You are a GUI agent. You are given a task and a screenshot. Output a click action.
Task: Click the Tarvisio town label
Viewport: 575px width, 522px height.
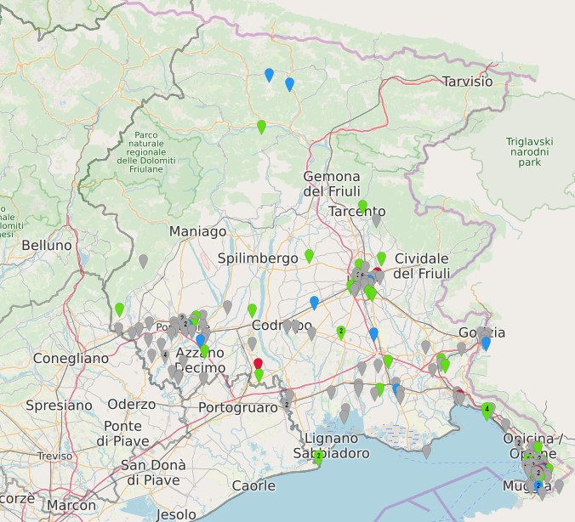pos(467,82)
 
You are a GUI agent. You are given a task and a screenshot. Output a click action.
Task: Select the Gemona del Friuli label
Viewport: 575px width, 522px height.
pos(332,184)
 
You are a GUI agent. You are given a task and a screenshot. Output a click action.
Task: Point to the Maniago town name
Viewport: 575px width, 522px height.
pos(197,231)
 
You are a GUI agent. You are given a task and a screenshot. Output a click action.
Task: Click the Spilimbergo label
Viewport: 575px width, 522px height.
pos(257,258)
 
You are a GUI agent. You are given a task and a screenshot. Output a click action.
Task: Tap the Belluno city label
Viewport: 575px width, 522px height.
pos(47,245)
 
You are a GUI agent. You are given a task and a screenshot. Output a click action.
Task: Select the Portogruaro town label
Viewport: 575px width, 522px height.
pos(237,408)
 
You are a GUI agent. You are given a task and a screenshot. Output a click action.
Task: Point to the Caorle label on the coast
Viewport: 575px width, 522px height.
pos(253,485)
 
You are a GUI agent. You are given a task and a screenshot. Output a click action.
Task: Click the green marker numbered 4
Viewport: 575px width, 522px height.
pos(487,410)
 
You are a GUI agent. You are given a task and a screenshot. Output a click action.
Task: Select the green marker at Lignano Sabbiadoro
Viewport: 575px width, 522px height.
pos(318,457)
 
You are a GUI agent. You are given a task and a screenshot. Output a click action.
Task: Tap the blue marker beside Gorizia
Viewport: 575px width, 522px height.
pos(486,343)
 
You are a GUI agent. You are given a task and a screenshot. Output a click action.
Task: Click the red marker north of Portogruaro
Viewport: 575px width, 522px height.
pos(259,364)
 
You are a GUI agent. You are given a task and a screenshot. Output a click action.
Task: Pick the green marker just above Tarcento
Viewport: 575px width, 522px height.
pos(362,206)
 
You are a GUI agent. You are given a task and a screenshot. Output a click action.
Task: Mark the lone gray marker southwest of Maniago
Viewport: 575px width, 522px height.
pos(143,260)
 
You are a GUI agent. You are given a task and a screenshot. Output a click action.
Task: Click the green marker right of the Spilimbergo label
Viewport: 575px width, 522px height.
pos(309,255)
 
